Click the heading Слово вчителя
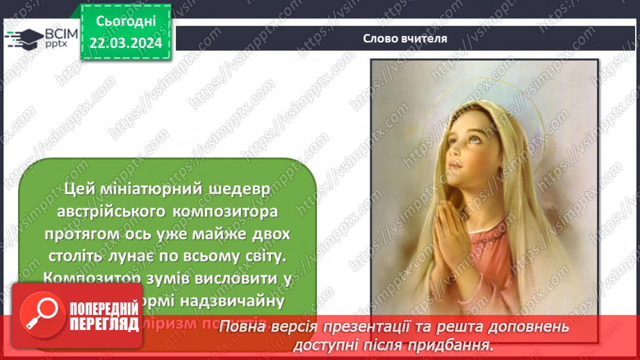[x=404, y=38]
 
